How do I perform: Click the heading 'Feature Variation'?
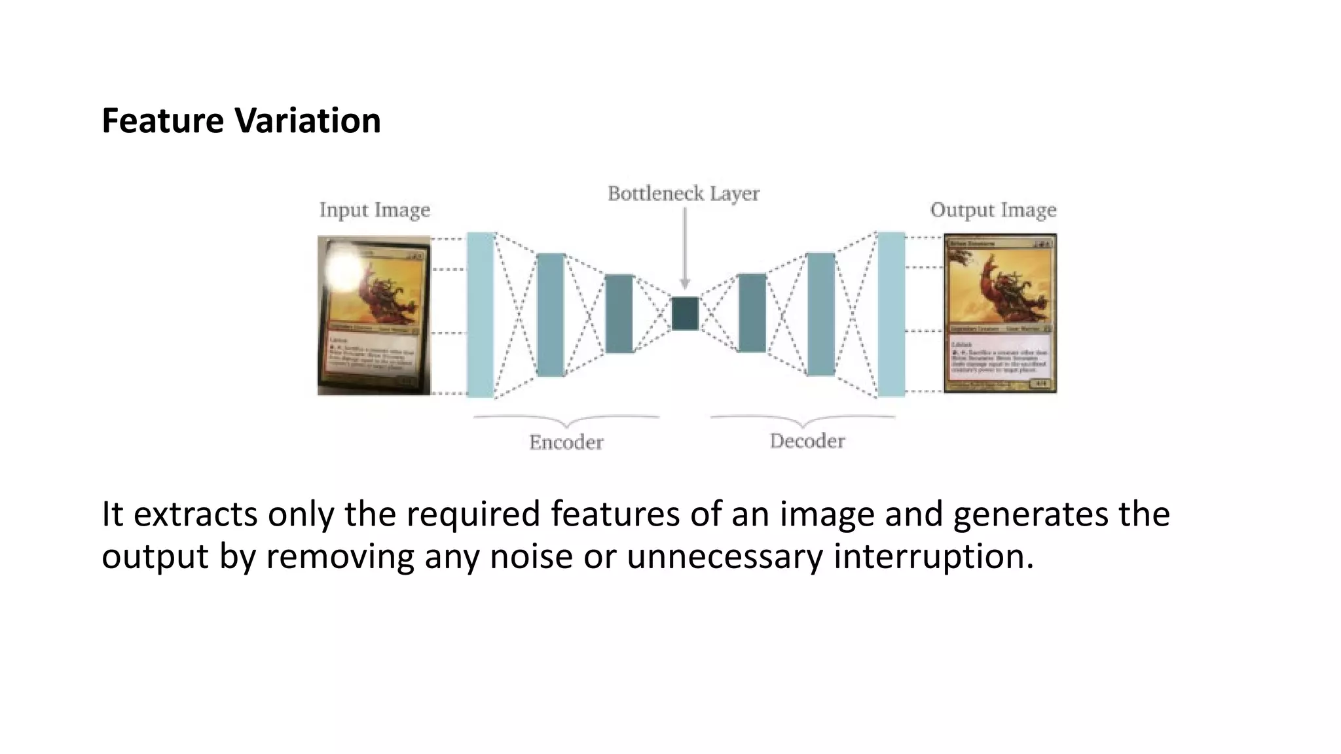coord(241,121)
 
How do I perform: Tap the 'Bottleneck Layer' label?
coord(683,194)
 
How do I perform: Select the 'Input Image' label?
coord(375,210)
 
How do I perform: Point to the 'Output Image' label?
coord(993,210)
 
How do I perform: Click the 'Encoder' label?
coord(566,442)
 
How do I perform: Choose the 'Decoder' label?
coord(807,441)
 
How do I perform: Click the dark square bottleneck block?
coord(685,313)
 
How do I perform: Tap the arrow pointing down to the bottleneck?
coord(685,249)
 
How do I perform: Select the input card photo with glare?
coord(374,315)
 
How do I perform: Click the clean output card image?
coord(1000,314)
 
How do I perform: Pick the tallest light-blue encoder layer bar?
coord(481,314)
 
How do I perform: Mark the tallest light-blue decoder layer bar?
coord(891,314)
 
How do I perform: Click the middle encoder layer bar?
coord(551,314)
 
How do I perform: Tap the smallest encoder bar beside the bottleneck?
coord(619,314)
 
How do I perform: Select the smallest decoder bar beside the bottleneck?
coord(752,313)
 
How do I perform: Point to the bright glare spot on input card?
coord(344,268)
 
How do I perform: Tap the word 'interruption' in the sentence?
coord(933,556)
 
